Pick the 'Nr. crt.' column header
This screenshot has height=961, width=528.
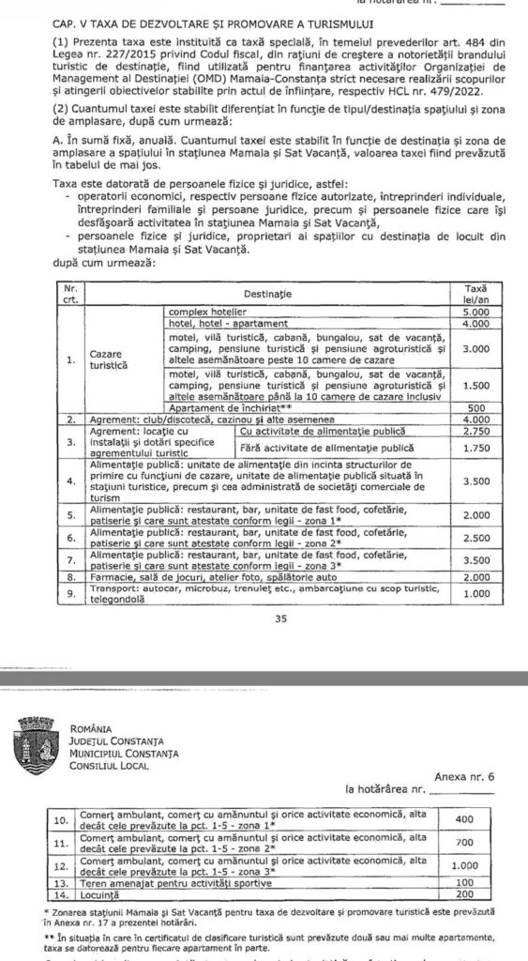coord(68,293)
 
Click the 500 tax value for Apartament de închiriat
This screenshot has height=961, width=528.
coord(476,407)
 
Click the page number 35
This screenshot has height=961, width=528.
coord(263,618)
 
